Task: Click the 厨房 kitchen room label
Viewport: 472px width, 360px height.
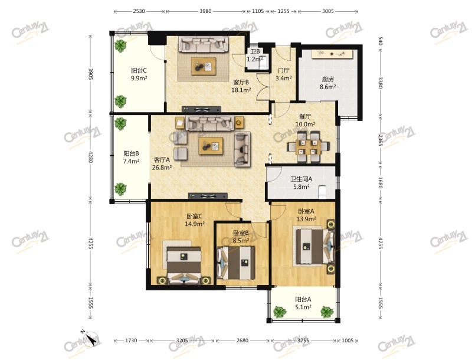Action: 328,79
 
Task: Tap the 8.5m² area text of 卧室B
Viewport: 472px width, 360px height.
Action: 241,241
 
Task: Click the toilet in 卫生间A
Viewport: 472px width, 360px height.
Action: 322,192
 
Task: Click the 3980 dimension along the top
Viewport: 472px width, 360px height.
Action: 205,11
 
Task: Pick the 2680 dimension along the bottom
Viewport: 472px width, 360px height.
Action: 242,341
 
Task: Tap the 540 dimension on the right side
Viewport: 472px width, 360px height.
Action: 380,41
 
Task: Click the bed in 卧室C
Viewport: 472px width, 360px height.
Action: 184,265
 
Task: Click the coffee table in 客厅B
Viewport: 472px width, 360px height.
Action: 204,66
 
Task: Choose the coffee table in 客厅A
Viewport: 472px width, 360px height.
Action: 211,146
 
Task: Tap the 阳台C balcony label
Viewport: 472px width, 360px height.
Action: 139,71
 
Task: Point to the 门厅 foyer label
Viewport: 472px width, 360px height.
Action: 283,71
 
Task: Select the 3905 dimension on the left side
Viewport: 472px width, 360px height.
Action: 90,74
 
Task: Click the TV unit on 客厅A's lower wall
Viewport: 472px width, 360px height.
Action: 208,197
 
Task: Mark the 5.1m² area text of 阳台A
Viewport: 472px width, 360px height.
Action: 303,307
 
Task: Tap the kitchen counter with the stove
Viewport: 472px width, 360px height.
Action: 332,54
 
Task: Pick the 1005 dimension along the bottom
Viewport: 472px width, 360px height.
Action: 348,341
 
